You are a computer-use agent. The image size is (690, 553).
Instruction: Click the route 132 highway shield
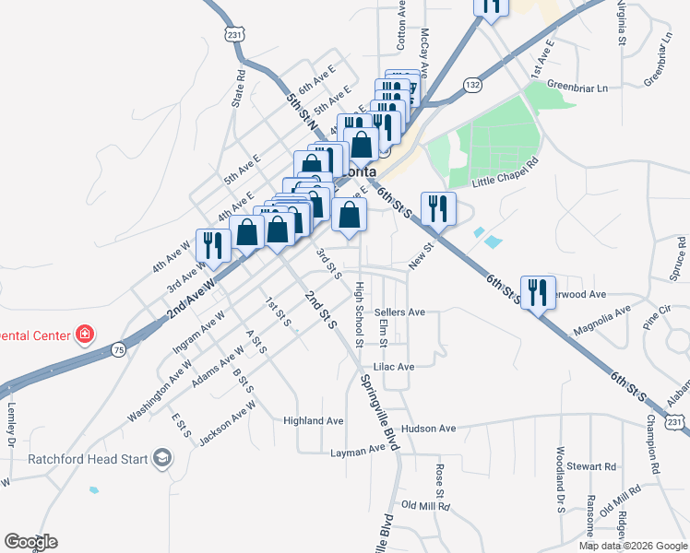(473, 85)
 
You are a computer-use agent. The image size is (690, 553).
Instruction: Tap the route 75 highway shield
(117, 349)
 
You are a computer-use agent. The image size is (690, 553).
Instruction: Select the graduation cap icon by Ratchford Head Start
(162, 458)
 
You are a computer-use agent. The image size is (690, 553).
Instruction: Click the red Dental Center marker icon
(85, 334)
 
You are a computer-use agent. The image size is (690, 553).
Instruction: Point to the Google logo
(30, 542)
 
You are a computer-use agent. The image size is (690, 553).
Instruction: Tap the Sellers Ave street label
(399, 312)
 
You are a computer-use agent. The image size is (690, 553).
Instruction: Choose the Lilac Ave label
(394, 366)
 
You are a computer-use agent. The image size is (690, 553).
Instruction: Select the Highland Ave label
(314, 420)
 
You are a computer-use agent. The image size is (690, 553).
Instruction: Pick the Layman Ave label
(357, 451)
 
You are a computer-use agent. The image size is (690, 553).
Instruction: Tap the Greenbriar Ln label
(577, 88)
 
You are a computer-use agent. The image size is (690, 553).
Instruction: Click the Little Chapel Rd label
(504, 175)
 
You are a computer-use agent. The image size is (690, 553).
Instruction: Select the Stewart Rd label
(590, 466)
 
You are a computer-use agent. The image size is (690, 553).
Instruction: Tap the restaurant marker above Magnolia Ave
(536, 292)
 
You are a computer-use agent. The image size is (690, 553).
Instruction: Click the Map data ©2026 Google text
(633, 546)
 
